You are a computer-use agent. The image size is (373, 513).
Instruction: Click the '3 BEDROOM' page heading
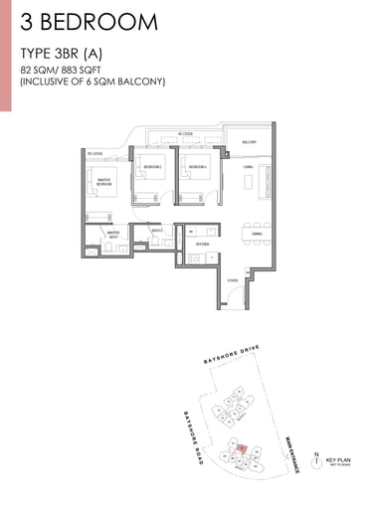tap(88, 21)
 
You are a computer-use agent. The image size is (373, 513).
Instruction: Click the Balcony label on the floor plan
tap(250, 142)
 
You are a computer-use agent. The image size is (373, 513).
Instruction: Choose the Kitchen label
tap(203, 243)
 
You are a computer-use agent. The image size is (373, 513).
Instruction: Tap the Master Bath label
tap(100, 236)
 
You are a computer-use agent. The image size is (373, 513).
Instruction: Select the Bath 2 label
tap(156, 230)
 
